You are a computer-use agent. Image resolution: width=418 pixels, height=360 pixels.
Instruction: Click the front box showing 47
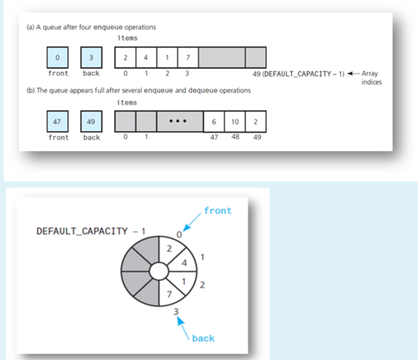pos(57,121)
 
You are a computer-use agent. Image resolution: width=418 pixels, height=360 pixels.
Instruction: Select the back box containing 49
pos(91,121)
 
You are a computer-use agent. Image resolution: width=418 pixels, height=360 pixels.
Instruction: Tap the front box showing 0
pos(57,57)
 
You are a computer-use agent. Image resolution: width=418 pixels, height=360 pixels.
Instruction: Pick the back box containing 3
pos(91,57)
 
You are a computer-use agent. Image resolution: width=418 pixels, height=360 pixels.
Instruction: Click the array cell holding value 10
pos(235,122)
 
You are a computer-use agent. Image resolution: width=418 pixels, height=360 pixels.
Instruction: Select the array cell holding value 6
pos(214,122)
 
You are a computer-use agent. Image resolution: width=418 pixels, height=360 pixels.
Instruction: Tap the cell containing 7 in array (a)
pos(188,57)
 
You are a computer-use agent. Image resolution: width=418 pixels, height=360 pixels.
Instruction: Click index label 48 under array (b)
pos(235,137)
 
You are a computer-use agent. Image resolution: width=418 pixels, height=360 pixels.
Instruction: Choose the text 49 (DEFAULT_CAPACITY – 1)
pos(299,74)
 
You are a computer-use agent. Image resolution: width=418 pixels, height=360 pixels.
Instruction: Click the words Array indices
pos(371,77)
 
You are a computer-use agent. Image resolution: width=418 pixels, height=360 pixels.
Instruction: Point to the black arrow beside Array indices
pos(353,73)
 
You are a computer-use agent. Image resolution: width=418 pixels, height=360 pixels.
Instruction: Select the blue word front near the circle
pos(218,210)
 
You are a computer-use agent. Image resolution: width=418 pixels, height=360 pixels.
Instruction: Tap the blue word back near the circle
pos(203,338)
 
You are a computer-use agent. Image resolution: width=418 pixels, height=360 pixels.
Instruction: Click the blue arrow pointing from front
pos(192,222)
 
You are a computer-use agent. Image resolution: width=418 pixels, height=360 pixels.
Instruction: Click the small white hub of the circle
pos(159,271)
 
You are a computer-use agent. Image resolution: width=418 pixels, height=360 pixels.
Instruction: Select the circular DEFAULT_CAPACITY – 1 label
pos(91,231)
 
